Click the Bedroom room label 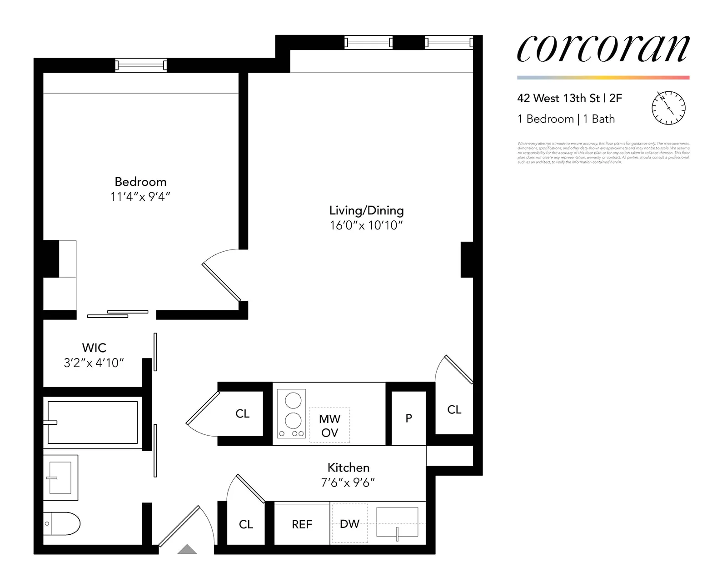tap(140, 182)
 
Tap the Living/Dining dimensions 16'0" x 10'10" tap(366, 225)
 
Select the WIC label tap(94, 348)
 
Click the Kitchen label tap(348, 468)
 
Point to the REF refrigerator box tap(302, 524)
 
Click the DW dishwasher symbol tap(349, 523)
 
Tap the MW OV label tap(329, 425)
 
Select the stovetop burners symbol tap(292, 414)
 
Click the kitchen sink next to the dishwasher tap(397, 522)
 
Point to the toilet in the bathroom tap(62, 523)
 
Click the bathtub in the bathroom tap(93, 422)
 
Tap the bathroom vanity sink tap(60, 478)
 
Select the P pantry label tap(408, 418)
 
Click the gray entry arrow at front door tap(187, 550)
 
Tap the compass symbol tap(668, 108)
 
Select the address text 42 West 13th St tap(558, 98)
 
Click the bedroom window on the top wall tap(141, 65)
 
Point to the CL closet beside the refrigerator tap(246, 524)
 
